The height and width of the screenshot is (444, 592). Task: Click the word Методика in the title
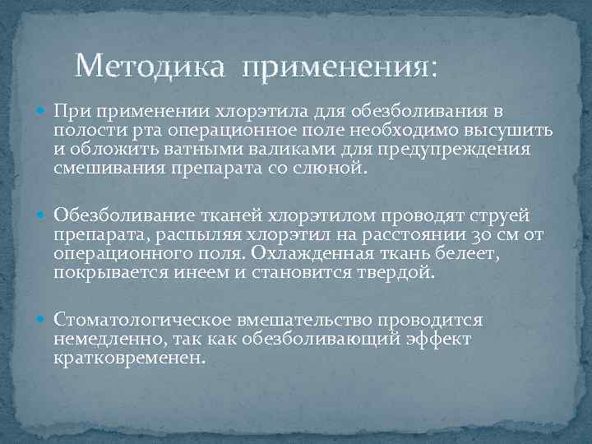point(148,65)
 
